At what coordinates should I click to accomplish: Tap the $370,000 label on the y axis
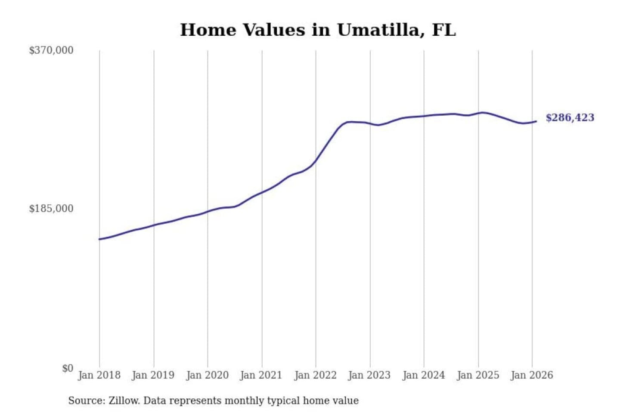point(51,50)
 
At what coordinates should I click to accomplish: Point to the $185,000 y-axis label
point(51,209)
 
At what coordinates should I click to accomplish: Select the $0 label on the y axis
point(68,368)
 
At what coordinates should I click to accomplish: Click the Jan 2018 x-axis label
point(99,375)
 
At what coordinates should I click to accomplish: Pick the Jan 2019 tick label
point(153,375)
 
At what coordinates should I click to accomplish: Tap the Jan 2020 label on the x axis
point(207,375)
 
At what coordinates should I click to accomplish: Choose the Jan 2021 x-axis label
point(261,375)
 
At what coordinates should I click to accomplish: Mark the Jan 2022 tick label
point(315,375)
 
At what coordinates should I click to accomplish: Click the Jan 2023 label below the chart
point(369,375)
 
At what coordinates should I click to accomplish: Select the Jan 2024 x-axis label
point(423,375)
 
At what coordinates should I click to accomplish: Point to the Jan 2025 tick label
point(477,375)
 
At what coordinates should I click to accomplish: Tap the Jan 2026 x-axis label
point(531,375)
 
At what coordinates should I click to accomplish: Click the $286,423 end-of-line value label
point(570,118)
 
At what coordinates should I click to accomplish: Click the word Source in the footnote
point(86,401)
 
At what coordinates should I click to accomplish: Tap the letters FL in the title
point(443,30)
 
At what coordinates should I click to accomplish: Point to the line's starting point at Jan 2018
point(99,239)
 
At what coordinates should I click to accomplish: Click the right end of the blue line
point(536,121)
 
